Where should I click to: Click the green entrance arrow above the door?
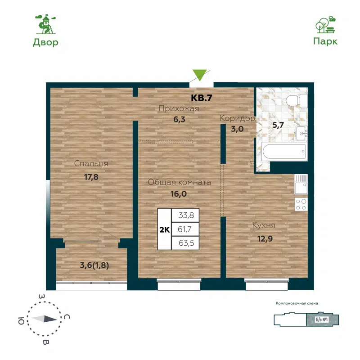pos(199,75)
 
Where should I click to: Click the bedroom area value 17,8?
pos(91,177)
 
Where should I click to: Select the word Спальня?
pos(91,164)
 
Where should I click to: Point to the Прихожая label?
pos(179,108)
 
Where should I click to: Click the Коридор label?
pos(237,118)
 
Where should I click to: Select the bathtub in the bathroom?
pos(284,152)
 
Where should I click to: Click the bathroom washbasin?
pos(302,132)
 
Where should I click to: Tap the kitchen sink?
pos(301,185)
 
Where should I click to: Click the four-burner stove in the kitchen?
pos(301,205)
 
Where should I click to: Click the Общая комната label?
pos(180,182)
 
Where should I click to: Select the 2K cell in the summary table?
pos(164,229)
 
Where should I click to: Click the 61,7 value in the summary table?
pos(185,229)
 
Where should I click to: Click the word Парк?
pos(325,41)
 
